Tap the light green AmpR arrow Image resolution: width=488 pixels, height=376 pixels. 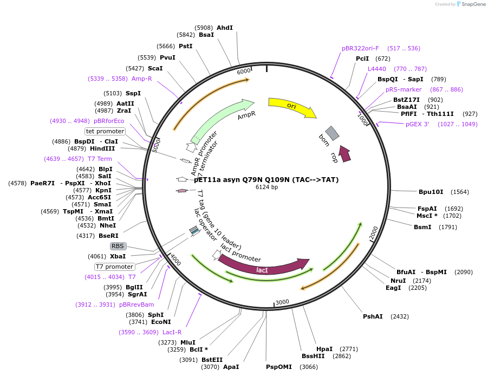222,118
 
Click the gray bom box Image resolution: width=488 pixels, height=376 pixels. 332,133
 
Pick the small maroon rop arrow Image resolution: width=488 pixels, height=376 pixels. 344,153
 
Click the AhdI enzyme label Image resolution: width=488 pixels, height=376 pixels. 224,28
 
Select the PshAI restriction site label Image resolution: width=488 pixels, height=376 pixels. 373,316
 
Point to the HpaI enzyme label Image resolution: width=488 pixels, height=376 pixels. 324,349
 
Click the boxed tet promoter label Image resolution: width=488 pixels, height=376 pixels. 105,131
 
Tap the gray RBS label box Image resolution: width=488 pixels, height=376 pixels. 118,246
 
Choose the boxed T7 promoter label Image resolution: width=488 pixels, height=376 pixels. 114,267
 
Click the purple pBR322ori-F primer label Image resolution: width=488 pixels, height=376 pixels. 360,48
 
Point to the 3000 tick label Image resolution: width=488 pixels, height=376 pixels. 282,302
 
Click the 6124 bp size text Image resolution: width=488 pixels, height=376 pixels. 266,187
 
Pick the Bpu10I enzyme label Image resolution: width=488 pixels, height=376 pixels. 431,192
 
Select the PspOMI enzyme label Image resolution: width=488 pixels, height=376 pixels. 278,367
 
